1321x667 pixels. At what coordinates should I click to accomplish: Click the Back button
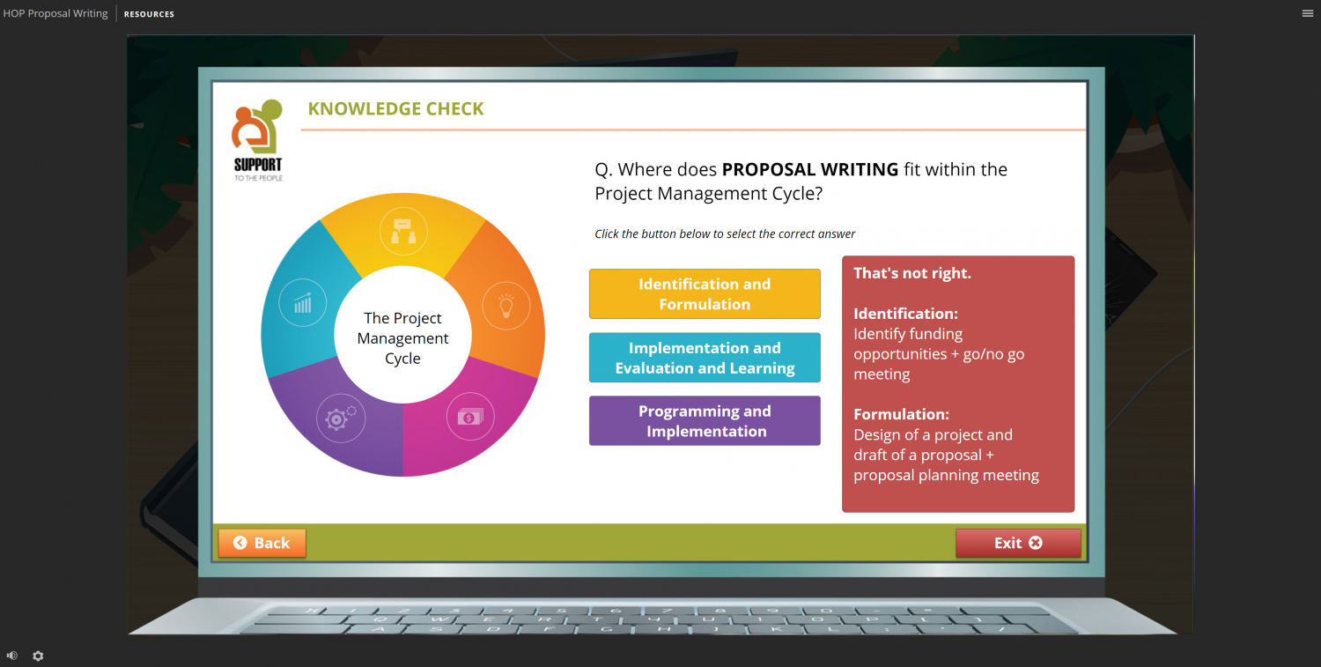[x=262, y=544]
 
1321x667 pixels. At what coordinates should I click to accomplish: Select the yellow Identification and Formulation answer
[x=705, y=294]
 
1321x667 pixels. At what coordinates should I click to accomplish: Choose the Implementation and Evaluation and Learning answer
[x=705, y=358]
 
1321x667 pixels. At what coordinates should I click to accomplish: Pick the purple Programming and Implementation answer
[x=705, y=421]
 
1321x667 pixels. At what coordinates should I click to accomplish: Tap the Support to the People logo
[x=258, y=139]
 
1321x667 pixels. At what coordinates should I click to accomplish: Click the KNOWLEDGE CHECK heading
[x=395, y=109]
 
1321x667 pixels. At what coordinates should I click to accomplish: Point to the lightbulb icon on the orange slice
[x=506, y=306]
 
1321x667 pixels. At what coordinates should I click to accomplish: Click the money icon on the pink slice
[x=470, y=416]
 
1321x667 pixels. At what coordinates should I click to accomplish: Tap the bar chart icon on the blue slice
[x=303, y=303]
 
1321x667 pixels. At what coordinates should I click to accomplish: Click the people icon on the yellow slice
[x=402, y=232]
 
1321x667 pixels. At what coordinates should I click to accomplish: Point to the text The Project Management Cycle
[x=402, y=338]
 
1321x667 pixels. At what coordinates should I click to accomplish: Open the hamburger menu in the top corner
[x=1308, y=13]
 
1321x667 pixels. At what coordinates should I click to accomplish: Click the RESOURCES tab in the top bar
[x=149, y=14]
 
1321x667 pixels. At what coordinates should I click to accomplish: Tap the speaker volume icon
[x=12, y=656]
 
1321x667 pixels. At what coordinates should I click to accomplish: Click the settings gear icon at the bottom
[x=38, y=656]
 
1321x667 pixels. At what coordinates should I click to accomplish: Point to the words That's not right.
[x=912, y=273]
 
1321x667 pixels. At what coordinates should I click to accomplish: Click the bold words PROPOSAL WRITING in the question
[x=810, y=169]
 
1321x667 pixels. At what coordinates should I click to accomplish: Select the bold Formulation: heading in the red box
[x=901, y=414]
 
